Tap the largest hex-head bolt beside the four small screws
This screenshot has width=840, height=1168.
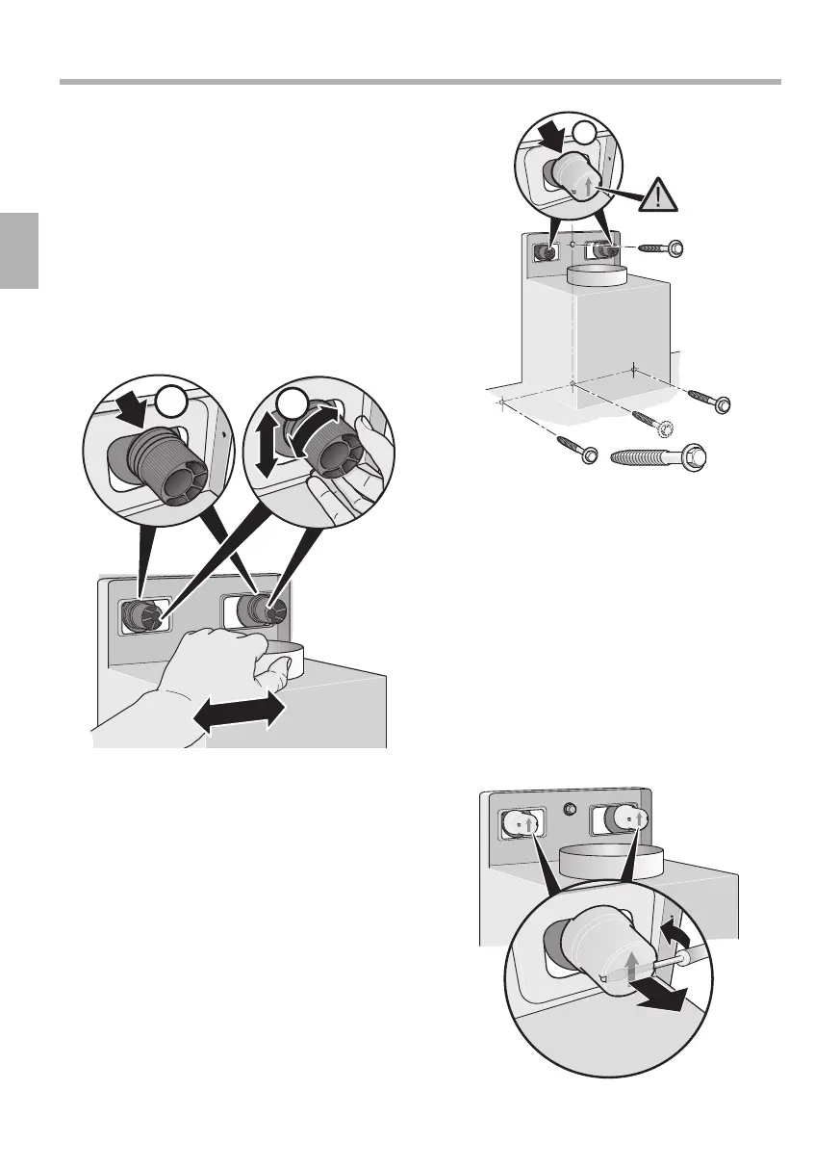(x=664, y=457)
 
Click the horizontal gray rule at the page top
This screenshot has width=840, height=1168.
(x=420, y=82)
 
